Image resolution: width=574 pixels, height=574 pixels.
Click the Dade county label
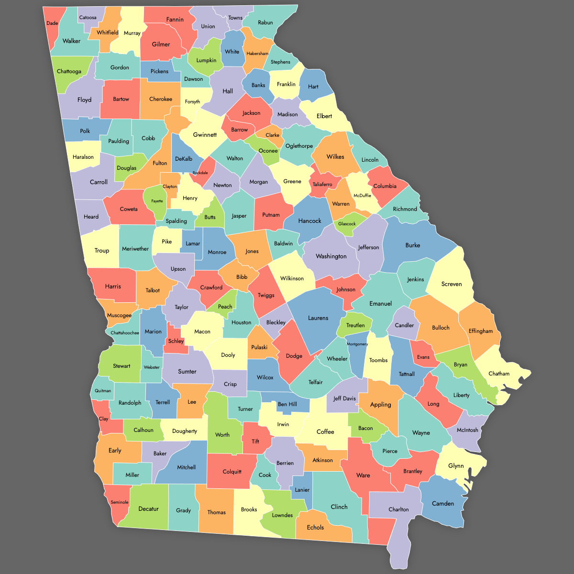pos(52,23)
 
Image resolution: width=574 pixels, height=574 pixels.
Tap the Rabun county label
pos(265,22)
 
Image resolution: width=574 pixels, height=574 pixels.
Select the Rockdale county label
pos(200,173)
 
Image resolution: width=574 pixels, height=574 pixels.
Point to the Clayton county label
pos(170,187)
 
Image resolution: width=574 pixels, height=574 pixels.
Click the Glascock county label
pos(347,224)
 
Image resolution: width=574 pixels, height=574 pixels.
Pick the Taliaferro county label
pos(322,184)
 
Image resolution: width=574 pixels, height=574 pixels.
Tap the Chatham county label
pos(499,374)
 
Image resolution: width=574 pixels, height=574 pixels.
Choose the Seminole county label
pos(120,502)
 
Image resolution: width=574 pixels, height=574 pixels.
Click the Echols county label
pos(315,527)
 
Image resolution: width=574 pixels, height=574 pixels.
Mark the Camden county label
pos(443,503)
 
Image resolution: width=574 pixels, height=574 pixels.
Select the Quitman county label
pos(103,391)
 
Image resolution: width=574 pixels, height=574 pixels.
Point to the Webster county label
pos(152,367)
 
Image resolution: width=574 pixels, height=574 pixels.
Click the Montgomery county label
pos(357,344)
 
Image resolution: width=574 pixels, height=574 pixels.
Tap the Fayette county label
pos(157,201)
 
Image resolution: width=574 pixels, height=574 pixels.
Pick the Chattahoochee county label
pos(125,332)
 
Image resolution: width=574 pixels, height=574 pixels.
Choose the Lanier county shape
pos(302,489)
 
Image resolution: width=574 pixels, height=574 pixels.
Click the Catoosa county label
pos(88,17)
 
